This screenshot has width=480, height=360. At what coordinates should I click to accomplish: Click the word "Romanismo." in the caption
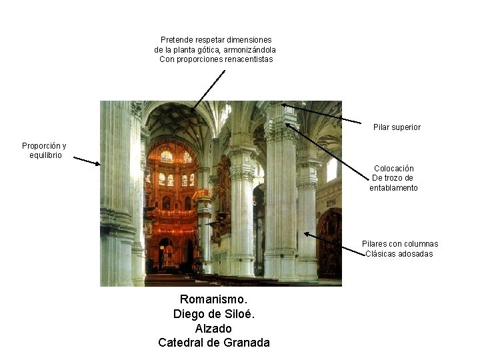pyautogui.click(x=213, y=299)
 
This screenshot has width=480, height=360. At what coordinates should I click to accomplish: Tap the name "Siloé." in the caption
pyautogui.click(x=238, y=314)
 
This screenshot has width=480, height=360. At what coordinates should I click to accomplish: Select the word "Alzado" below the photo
pyautogui.click(x=213, y=329)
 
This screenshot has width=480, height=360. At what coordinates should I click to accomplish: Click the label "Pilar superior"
pyautogui.click(x=397, y=127)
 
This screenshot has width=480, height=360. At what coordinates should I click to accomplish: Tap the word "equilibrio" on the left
pyautogui.click(x=45, y=155)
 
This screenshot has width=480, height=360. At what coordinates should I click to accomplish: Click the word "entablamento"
pyautogui.click(x=393, y=187)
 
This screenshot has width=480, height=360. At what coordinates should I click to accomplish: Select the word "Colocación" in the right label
pyautogui.click(x=393, y=169)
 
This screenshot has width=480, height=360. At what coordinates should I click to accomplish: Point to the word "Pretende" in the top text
pyautogui.click(x=177, y=40)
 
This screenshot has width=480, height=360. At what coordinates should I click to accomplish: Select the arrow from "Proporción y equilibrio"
pyautogui.click(x=86, y=161)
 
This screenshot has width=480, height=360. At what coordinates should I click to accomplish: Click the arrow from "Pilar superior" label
pyautogui.click(x=320, y=113)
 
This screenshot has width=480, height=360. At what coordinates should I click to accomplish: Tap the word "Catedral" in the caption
pyautogui.click(x=181, y=343)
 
